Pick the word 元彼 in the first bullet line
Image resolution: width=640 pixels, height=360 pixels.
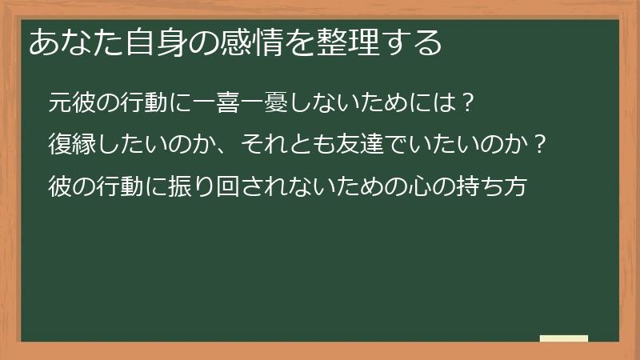(71, 103)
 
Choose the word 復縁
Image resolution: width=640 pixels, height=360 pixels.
(71, 146)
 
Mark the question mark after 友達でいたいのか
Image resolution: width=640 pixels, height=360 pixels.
(540, 146)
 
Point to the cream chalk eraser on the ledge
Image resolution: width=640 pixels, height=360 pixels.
(564, 338)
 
